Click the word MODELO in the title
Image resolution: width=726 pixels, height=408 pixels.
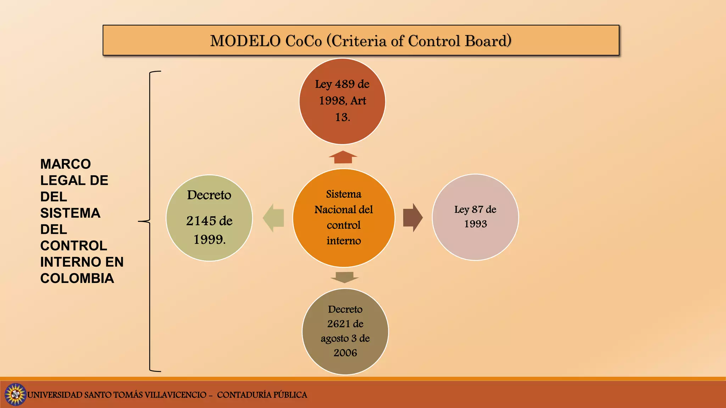tap(245, 41)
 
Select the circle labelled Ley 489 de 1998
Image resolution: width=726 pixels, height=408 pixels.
tap(342, 102)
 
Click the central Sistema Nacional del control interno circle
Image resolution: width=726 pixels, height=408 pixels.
tap(344, 217)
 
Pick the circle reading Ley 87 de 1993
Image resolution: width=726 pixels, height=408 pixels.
tap(475, 217)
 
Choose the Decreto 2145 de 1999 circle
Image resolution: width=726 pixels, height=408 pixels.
tap(209, 218)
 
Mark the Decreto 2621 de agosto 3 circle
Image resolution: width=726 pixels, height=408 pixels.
tap(345, 331)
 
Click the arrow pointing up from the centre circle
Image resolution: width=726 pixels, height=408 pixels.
tap(343, 157)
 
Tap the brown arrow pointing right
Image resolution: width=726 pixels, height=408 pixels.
tap(412, 217)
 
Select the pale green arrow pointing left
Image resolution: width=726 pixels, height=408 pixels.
tap(274, 218)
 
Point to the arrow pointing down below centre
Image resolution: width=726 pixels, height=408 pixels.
tap(345, 277)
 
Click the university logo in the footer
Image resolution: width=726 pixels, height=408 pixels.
tap(15, 394)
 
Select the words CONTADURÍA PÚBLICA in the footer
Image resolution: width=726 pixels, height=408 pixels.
tap(262, 395)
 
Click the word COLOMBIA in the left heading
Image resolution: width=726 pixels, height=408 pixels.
tap(77, 278)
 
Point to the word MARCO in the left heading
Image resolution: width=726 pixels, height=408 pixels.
tap(66, 164)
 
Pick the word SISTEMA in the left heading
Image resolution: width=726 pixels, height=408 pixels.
tap(70, 213)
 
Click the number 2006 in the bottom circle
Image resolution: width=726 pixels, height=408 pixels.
tap(345, 353)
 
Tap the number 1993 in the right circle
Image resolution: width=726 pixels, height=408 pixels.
tap(475, 224)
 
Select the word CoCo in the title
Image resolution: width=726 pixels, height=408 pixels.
tap(303, 41)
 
